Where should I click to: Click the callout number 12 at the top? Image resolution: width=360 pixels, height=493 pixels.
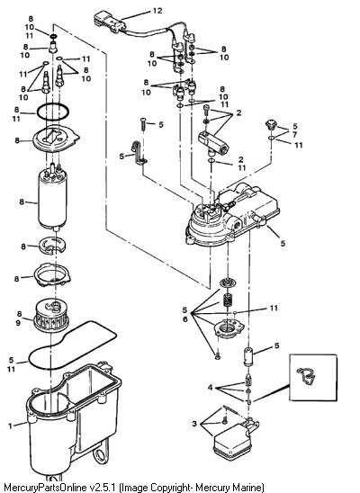pyautogui.click(x=157, y=11)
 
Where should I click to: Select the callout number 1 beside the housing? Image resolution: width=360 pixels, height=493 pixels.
pyautogui.click(x=10, y=426)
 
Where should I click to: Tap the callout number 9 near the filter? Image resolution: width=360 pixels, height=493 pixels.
pyautogui.click(x=18, y=322)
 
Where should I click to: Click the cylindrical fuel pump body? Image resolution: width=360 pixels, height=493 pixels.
pyautogui.click(x=52, y=199)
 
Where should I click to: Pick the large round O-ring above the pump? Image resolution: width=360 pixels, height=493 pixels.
pyautogui.click(x=52, y=112)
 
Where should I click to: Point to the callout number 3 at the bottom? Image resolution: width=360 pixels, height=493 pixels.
pyautogui.click(x=194, y=424)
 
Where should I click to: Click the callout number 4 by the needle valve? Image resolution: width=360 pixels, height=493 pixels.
pyautogui.click(x=210, y=388)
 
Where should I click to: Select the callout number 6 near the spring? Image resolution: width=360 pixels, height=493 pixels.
pyautogui.click(x=184, y=319)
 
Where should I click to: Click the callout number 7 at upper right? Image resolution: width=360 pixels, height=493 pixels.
pyautogui.click(x=294, y=135)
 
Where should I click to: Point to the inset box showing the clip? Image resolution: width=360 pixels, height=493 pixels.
pyautogui.click(x=313, y=377)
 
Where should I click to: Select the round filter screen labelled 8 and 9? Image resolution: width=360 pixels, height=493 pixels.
pyautogui.click(x=51, y=316)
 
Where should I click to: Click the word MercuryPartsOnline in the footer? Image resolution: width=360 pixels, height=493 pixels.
pyautogui.click(x=45, y=488)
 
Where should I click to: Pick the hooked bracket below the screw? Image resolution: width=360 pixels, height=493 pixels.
pyautogui.click(x=138, y=153)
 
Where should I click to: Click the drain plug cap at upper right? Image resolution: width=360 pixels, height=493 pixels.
pyautogui.click(x=270, y=124)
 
